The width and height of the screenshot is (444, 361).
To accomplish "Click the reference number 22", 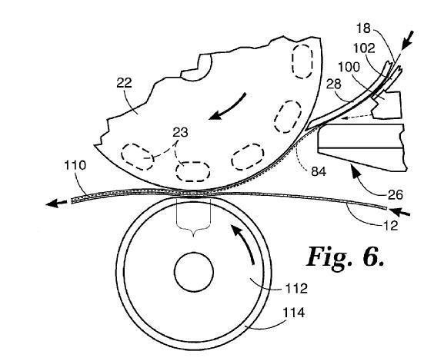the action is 124,83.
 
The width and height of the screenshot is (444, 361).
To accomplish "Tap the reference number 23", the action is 180,132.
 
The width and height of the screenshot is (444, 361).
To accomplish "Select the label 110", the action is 75,165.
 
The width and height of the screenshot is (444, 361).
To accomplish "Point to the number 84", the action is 319,171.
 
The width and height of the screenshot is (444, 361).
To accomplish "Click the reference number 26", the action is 395,195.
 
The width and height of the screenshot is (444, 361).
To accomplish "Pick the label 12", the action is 390,226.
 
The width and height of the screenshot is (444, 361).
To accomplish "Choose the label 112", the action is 296,288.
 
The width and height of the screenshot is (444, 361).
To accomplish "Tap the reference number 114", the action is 294,313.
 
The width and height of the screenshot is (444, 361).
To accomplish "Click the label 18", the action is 363,28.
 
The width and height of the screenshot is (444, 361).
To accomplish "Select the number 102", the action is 364,48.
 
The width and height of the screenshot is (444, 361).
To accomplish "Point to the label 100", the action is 349,68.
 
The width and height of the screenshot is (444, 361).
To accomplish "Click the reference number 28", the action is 334,84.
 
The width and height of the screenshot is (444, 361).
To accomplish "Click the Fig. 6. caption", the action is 346,257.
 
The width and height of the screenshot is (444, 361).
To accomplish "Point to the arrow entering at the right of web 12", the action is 399,211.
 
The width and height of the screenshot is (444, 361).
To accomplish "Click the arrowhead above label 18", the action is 408,41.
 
